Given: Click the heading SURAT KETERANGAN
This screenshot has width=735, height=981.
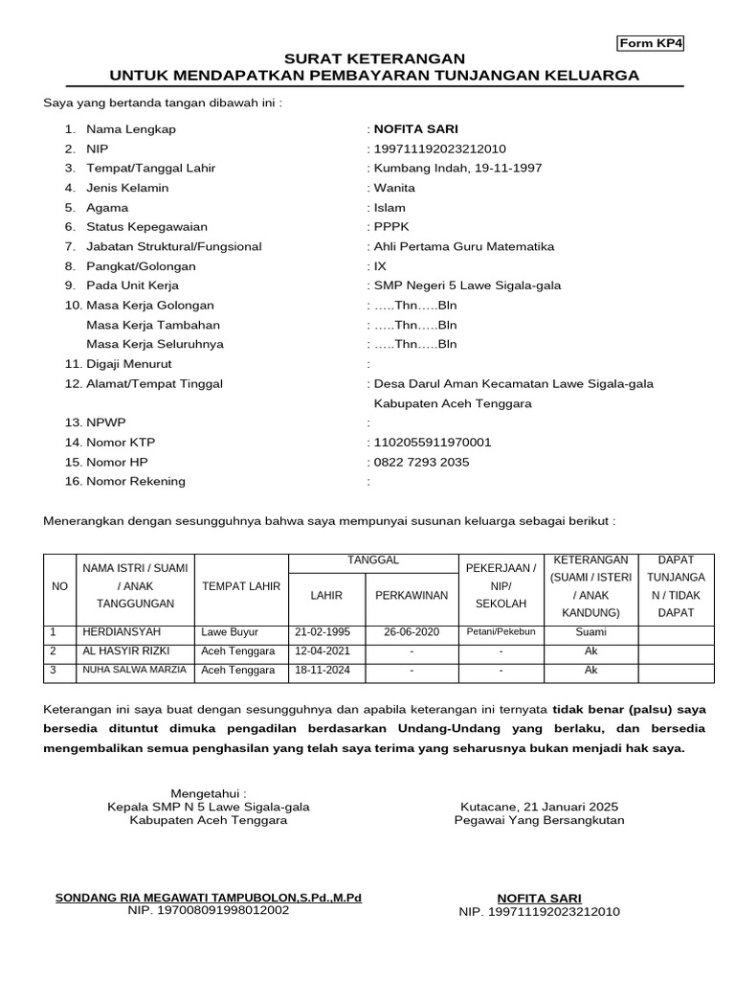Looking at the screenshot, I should click(x=374, y=59).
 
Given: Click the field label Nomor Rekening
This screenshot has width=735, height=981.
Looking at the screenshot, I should click(x=136, y=481).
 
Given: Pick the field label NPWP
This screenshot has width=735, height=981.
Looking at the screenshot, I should click(x=106, y=422).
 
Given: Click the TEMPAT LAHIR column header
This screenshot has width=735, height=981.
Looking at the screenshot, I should click(x=241, y=586).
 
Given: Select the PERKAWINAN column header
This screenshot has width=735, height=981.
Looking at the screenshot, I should click(x=412, y=595).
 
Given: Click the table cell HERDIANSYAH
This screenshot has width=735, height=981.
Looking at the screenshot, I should click(x=122, y=632).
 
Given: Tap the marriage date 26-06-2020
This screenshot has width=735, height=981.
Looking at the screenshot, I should click(x=411, y=632).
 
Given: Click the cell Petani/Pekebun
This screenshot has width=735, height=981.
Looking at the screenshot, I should click(x=501, y=632).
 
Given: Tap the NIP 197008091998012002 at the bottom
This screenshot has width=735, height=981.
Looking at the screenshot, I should click(x=209, y=910).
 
